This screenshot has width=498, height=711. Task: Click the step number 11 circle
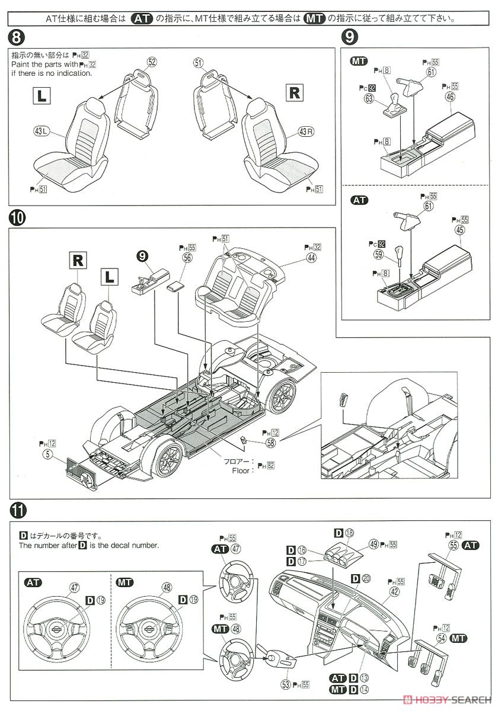tap(18, 509)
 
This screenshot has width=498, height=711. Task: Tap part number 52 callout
tap(152, 62)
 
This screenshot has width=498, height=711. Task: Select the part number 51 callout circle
tap(198, 62)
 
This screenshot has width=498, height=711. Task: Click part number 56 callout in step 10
tap(188, 258)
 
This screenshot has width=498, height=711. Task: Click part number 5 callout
tap(47, 454)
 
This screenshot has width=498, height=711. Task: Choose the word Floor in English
tap(241, 470)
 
